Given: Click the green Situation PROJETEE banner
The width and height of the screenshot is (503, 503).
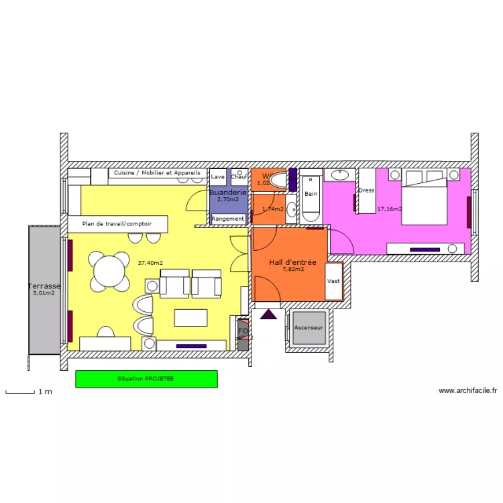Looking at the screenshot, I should [146, 379].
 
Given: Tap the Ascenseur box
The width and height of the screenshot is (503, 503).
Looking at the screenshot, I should [309, 328].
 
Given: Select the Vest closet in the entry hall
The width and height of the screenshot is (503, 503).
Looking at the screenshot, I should [333, 281].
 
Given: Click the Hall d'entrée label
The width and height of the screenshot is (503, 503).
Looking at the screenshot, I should [292, 262].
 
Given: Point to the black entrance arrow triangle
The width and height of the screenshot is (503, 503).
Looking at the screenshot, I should [268, 314].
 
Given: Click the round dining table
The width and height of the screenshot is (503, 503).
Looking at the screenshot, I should [109, 272].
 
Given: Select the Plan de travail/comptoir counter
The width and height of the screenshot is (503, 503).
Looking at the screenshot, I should [117, 224].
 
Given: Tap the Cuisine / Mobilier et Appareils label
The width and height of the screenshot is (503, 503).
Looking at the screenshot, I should [157, 173].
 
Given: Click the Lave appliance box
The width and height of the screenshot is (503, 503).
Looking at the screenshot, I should [218, 177].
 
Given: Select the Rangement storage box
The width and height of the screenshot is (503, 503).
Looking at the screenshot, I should [228, 219].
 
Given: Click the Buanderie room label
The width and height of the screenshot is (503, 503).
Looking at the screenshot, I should [228, 192].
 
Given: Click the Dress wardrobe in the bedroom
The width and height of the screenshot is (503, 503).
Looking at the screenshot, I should [366, 191].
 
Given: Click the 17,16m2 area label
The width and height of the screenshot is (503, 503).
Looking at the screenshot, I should [389, 209].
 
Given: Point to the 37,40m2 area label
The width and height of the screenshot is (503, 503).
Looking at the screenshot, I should [150, 263].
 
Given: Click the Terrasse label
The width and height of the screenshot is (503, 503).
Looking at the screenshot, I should [44, 286].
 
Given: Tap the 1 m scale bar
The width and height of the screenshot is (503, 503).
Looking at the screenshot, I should [20, 392].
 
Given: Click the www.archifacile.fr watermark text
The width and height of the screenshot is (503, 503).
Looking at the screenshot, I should [467, 390].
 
